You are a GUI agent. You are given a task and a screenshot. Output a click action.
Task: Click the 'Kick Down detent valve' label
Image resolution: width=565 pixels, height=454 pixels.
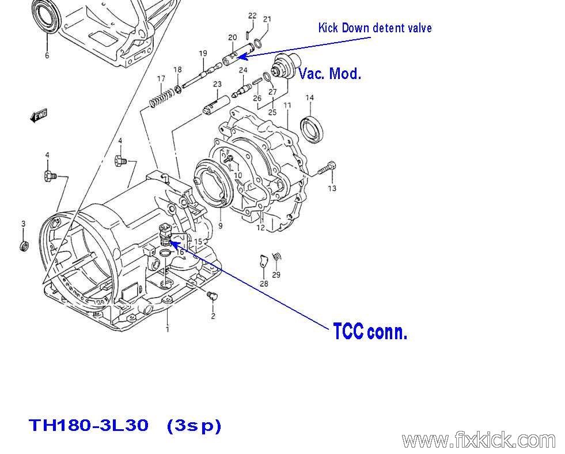coord(374,28)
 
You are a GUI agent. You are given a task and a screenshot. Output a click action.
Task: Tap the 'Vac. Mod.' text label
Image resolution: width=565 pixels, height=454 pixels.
coord(329,73)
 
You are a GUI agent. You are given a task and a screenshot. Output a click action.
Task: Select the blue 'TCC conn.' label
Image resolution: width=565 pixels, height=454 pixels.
coord(370,332)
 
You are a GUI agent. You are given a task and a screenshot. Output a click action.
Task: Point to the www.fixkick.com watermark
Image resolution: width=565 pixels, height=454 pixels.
coord(479,440)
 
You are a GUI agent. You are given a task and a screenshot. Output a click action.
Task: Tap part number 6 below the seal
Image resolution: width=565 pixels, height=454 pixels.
coord(47,56)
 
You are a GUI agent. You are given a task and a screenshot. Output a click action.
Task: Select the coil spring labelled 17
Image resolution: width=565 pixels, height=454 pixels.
coord(162,99)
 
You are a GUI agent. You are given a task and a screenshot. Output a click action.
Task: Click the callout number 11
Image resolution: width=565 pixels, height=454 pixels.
coord(287,106)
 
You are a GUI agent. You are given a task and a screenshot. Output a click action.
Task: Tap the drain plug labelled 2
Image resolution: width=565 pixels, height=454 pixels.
coord(211,297)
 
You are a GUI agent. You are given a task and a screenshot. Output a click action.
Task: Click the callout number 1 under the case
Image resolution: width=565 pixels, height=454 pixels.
coord(168,329)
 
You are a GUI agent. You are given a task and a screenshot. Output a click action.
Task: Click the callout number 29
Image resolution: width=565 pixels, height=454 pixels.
coord(276,275)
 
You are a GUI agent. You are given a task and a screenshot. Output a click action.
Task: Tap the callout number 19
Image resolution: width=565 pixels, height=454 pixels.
coord(203,54)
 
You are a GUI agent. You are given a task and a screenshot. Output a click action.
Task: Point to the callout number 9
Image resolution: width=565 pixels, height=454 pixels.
coord(220,226)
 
